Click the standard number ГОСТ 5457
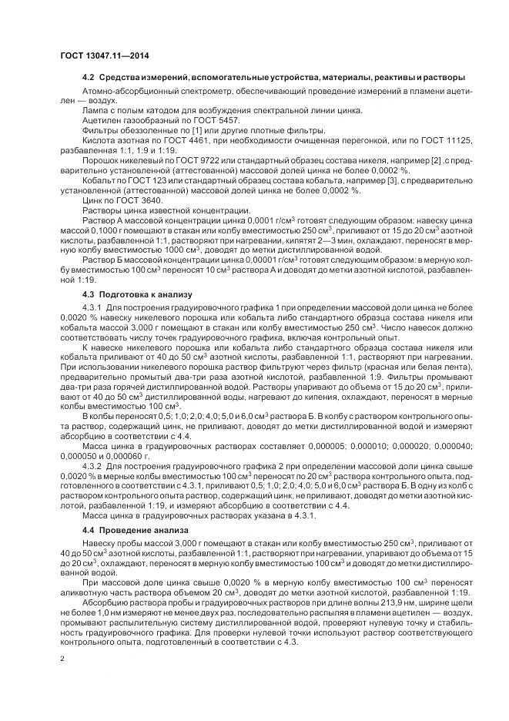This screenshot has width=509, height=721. click(217, 120)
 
